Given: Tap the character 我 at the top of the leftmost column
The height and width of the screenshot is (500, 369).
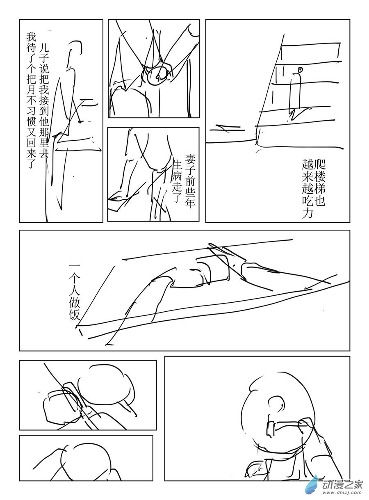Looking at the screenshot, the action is [x=31, y=37].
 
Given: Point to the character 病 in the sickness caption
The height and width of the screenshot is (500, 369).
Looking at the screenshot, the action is [x=177, y=180].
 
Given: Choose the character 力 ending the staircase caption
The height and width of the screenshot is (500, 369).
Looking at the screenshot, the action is [x=307, y=213].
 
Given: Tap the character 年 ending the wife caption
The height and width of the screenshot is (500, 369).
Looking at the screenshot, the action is [x=190, y=203].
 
